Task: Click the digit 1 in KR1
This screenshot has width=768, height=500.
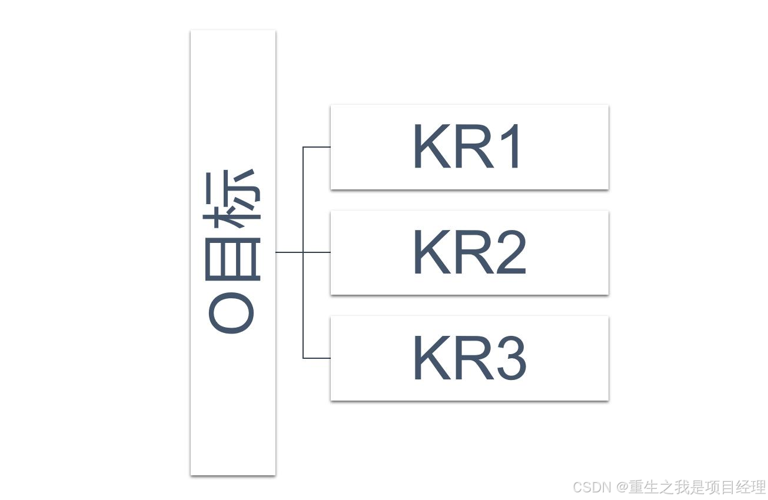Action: point(511,146)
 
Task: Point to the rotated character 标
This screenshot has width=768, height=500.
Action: point(232,197)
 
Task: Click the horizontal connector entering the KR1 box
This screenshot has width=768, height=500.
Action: point(317,147)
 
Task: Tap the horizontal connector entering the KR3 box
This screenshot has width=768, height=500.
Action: point(317,358)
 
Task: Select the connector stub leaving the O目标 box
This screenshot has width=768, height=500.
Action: point(289,252)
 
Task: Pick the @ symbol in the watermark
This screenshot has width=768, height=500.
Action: point(622,488)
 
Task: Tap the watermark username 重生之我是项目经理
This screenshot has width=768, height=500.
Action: point(697,488)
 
